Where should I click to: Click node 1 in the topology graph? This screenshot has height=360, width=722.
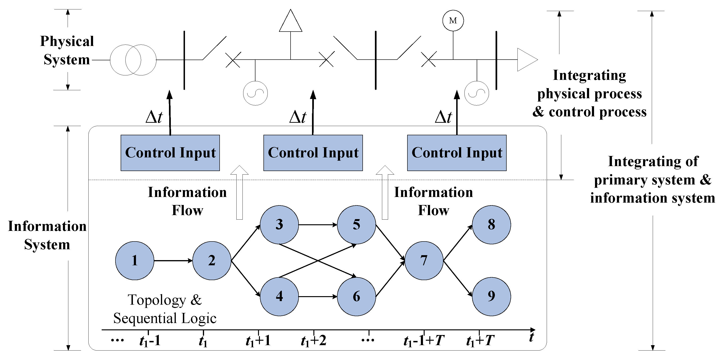(135, 261)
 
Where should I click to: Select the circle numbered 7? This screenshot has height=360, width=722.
(424, 261)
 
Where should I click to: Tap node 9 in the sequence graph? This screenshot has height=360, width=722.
(491, 296)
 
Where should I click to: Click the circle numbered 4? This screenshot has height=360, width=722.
(279, 296)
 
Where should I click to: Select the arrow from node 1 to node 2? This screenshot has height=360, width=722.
(173, 261)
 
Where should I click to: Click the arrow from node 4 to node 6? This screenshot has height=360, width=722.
(318, 296)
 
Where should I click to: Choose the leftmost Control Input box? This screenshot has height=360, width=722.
(170, 153)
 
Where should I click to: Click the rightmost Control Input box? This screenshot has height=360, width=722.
(457, 153)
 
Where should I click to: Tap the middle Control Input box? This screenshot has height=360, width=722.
(313, 153)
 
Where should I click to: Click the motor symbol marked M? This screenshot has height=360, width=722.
(453, 20)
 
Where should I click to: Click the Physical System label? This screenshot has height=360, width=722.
(67, 50)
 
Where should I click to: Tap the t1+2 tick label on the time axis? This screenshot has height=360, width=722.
(313, 341)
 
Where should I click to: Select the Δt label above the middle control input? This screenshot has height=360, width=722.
(298, 117)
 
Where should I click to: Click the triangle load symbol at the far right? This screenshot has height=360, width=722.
(527, 60)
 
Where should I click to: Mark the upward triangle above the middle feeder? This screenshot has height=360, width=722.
(291, 20)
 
